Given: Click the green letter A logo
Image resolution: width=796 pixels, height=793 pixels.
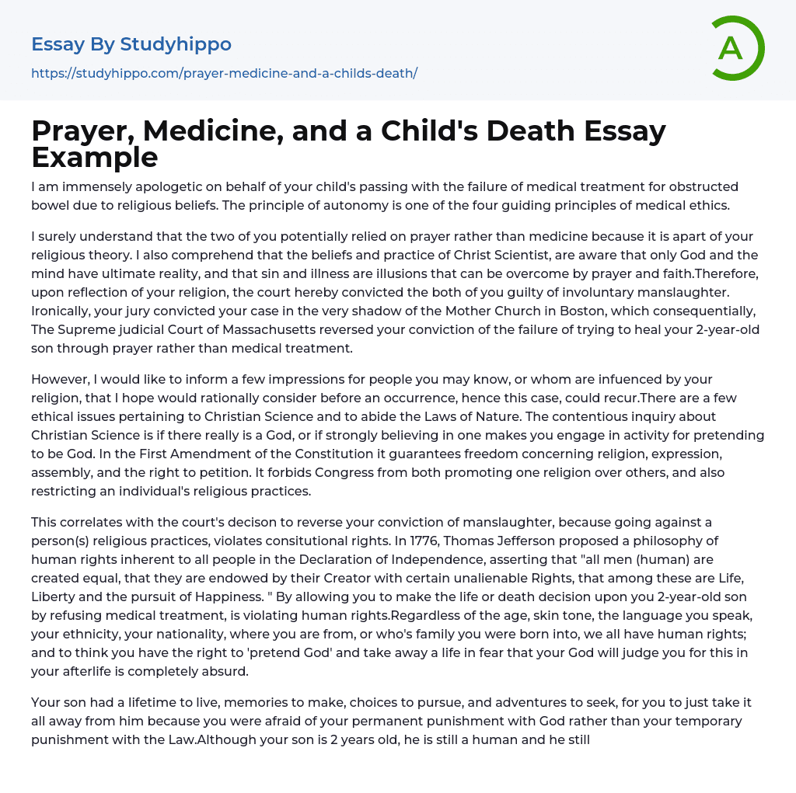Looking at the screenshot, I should point(737,48).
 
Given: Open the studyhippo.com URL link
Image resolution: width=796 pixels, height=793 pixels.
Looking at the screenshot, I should point(224,73).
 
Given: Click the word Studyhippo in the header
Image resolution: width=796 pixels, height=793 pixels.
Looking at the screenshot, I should point(176,44).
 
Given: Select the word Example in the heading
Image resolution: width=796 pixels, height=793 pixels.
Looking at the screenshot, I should point(95,157).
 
